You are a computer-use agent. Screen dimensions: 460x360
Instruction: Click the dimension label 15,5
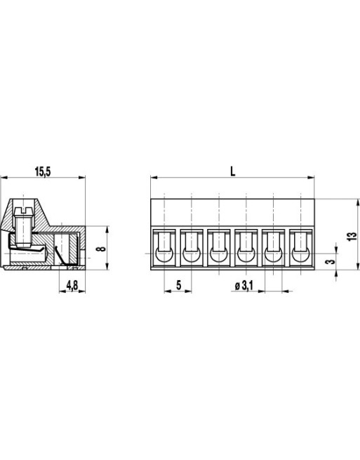pos(43,171)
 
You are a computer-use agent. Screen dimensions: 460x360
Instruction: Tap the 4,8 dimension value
pos(72,284)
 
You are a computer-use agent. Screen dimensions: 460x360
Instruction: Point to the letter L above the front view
pos(233,170)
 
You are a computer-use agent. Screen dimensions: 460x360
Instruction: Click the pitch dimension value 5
pos(179,284)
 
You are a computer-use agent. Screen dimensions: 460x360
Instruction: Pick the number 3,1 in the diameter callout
pos(246,284)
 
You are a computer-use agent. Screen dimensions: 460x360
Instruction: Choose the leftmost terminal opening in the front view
pos(164,248)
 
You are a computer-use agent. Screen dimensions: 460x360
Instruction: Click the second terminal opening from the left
pos(192,248)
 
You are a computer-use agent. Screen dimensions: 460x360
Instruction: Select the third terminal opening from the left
pos(219,248)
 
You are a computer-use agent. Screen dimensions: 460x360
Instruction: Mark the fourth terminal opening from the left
pos(246,248)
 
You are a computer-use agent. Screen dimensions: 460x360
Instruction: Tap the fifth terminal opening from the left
pos(274,248)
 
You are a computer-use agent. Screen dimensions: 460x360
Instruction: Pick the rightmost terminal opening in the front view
pos(302,248)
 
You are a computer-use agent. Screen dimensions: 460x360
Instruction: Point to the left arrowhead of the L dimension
pos(154,178)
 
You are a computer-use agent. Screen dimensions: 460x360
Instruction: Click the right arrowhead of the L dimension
pos(312,178)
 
